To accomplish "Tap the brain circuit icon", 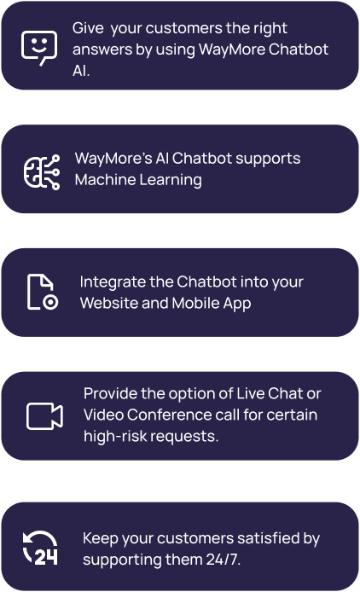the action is [42, 172].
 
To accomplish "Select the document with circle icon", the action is [43, 293].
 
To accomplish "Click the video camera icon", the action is [44, 416].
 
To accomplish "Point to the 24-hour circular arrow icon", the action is [40, 548].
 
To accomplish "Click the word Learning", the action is [171, 180].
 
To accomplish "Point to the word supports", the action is [268, 159].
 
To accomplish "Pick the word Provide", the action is [110, 393].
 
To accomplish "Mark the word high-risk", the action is [115, 436].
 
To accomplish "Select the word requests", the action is [185, 437].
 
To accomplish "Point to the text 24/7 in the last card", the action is [224, 559].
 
